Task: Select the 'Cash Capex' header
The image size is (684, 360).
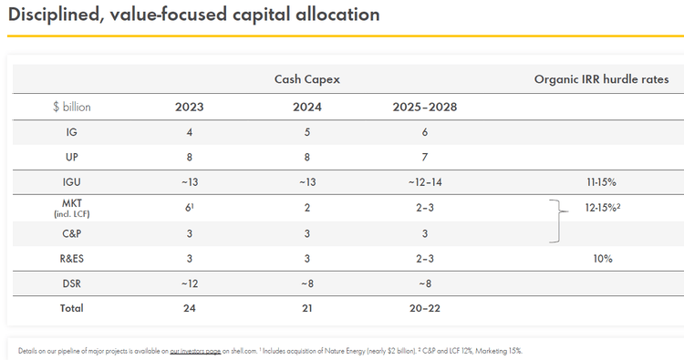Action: point(307,79)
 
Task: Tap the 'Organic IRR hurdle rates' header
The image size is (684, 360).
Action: point(601,79)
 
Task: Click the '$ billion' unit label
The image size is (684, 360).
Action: point(71,107)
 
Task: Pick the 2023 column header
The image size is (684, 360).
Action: point(189,107)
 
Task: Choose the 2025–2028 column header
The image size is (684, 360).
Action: point(424,107)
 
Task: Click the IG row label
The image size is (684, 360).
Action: point(71,132)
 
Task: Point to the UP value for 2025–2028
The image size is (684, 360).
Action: point(424,158)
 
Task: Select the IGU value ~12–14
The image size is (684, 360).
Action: point(424,182)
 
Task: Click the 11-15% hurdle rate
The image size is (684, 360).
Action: point(601,182)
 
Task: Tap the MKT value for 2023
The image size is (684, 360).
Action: point(189,207)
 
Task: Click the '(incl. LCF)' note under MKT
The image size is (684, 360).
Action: point(71,214)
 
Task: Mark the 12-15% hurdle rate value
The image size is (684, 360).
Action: point(603,207)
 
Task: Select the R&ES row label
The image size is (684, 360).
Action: point(71,258)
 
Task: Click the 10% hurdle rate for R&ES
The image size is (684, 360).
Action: point(601,258)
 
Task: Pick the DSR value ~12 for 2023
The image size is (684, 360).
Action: point(189,283)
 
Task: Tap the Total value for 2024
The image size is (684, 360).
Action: point(307,308)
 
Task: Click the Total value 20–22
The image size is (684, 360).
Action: point(424,308)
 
